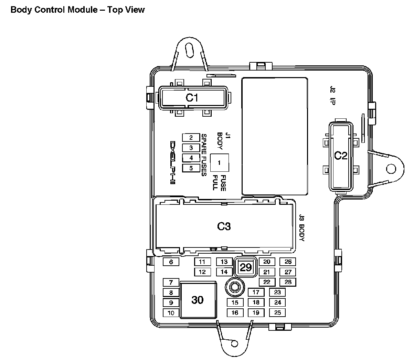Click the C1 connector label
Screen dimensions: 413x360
tap(192, 98)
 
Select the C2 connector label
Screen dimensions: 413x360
tap(341, 155)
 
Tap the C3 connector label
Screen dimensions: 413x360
tap(224, 226)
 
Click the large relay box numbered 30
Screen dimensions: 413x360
tap(198, 300)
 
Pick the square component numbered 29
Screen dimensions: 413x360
tap(246, 267)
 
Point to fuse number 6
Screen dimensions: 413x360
tap(171, 262)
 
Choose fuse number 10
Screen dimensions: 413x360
tap(171, 313)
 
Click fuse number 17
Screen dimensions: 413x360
tap(256, 292)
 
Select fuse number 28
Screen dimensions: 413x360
tap(288, 282)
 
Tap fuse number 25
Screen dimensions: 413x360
tap(277, 313)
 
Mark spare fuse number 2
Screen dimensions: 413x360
tap(191, 137)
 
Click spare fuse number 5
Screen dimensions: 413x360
tap(191, 168)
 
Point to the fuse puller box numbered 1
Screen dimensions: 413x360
tap(220, 163)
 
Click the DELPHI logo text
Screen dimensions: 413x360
tap(172, 162)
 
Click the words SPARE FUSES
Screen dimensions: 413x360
tap(204, 155)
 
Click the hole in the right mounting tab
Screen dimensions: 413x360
tap(391, 169)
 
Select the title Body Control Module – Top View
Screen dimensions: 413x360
tap(78, 10)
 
